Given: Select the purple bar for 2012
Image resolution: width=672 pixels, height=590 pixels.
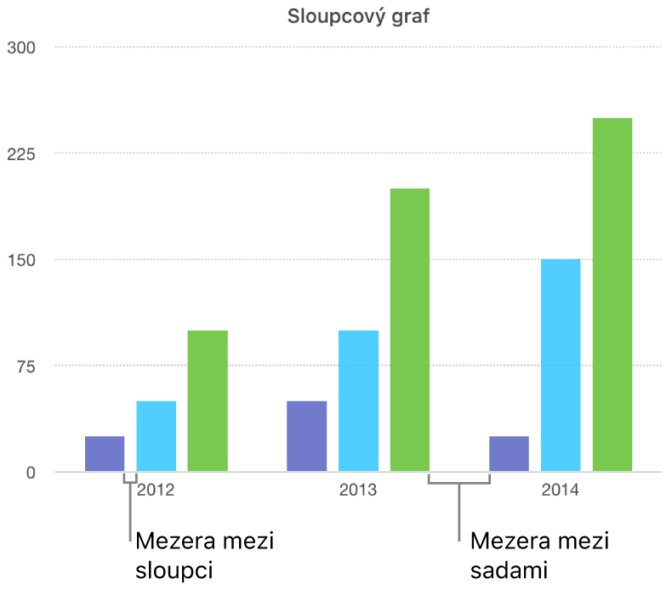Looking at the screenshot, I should click(105, 454).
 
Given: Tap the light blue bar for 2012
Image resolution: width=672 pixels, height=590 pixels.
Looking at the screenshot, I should click(157, 436).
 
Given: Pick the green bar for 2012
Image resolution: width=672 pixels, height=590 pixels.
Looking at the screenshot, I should click(208, 400).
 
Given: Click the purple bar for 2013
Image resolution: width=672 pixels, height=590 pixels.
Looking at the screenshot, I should click(306, 436).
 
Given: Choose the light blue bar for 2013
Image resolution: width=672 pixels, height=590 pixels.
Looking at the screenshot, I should click(358, 400).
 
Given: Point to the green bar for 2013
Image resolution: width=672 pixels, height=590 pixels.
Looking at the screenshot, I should click(409, 330).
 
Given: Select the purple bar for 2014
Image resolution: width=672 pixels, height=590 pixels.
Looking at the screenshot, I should click(509, 454).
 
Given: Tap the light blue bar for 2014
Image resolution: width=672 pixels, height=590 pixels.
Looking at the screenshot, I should click(561, 366).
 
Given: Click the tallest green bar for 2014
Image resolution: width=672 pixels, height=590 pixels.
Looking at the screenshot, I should click(612, 294).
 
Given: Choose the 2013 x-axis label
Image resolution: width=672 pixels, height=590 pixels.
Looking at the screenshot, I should click(357, 491).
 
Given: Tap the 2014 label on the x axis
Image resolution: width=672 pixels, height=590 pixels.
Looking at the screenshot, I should click(560, 491).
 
